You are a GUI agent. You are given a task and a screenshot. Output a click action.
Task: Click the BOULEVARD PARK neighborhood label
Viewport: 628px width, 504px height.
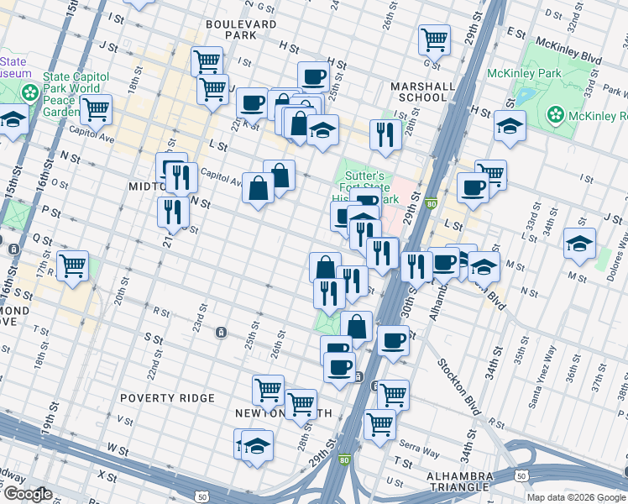[x=240, y=30]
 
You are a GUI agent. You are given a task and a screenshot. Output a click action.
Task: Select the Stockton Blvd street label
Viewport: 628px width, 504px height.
[x=457, y=386]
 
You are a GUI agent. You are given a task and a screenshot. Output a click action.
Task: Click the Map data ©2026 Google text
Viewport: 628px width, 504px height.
[x=576, y=497]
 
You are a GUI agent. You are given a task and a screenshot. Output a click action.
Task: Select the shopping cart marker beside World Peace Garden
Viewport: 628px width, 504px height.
[x=96, y=108]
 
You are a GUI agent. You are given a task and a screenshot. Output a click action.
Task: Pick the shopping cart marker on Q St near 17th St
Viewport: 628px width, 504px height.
[x=73, y=265]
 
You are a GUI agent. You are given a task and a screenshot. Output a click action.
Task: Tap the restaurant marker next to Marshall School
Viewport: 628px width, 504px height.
[x=385, y=134]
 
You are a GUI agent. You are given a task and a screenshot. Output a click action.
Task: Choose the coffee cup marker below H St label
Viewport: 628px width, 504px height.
[x=313, y=76]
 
